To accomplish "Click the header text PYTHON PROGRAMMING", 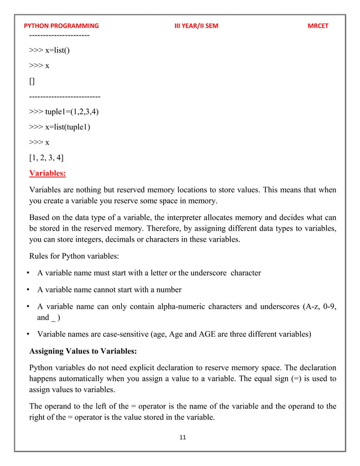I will click(x=62, y=26).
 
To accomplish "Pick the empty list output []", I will click(x=32, y=81).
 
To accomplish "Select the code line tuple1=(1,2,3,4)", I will click(x=64, y=111).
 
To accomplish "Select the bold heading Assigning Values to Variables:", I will click(x=83, y=350).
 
